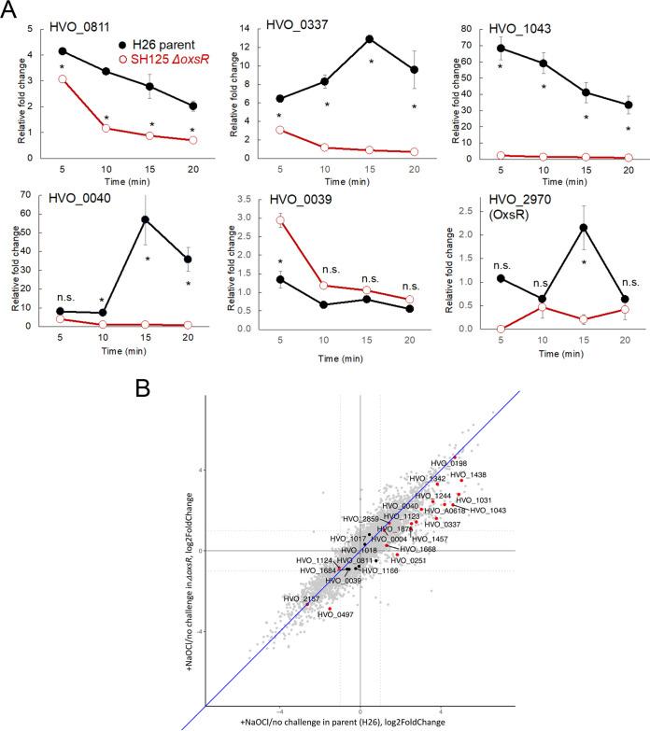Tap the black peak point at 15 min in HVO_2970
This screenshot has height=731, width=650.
[582, 228]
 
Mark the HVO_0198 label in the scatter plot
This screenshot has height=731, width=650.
[449, 462]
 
